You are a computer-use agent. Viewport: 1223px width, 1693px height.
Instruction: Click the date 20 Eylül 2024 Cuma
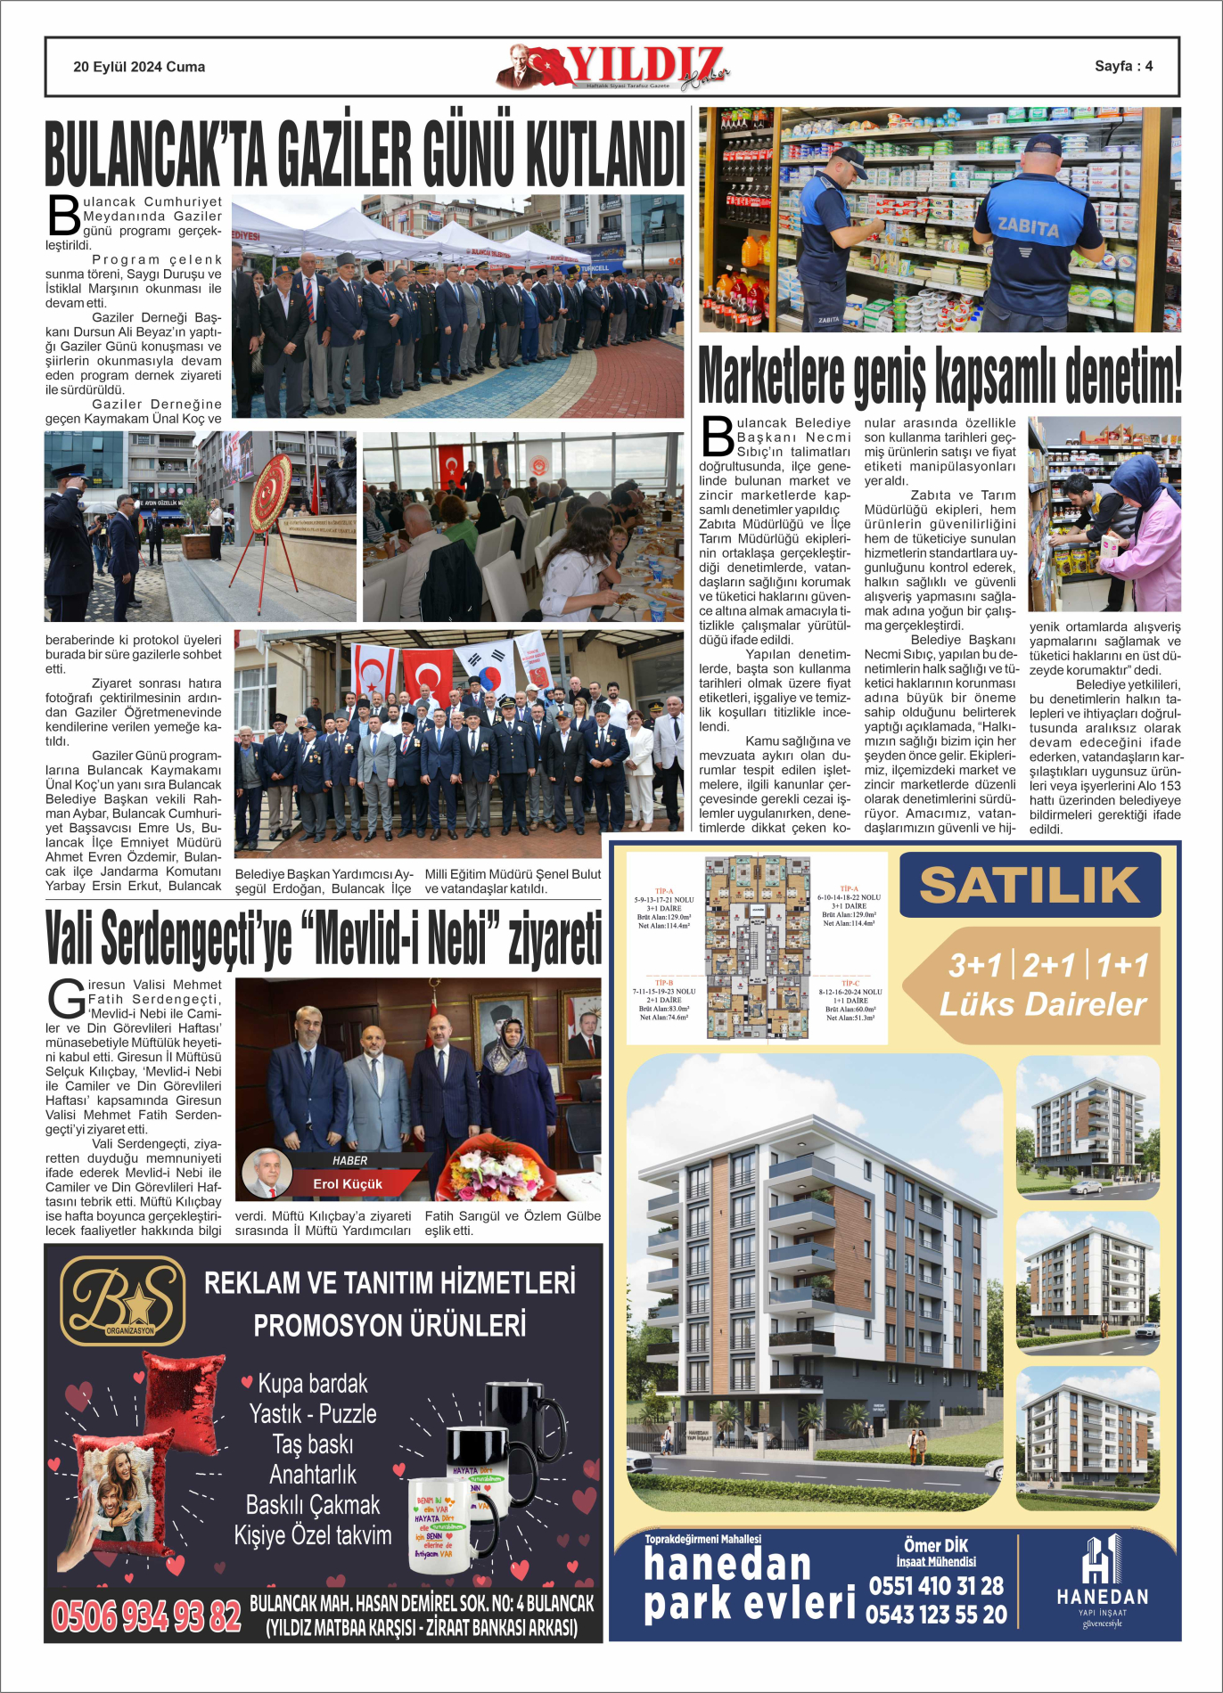pyautogui.click(x=139, y=67)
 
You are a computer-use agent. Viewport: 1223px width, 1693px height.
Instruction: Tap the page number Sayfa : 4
pyautogui.click(x=1123, y=66)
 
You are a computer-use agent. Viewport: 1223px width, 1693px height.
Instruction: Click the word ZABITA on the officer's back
pyautogui.click(x=1028, y=227)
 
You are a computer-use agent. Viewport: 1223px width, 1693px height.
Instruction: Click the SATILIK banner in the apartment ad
pyautogui.click(x=1030, y=885)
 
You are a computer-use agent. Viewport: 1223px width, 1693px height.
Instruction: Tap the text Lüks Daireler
pyautogui.click(x=1043, y=1004)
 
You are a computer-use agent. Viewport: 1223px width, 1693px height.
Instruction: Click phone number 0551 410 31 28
pyautogui.click(x=936, y=1586)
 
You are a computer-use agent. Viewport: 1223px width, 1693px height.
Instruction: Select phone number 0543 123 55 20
pyautogui.click(x=936, y=1615)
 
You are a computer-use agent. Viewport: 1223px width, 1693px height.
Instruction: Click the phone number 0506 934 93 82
pyautogui.click(x=146, y=1616)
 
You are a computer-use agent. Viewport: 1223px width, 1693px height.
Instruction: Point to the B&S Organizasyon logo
pyautogui.click(x=123, y=1300)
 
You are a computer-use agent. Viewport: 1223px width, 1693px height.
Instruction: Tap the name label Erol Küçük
pyautogui.click(x=348, y=1184)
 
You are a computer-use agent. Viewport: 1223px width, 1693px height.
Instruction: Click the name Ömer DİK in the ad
pyautogui.click(x=936, y=1546)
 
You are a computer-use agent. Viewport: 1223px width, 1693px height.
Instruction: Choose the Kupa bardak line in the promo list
pyautogui.click(x=312, y=1384)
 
